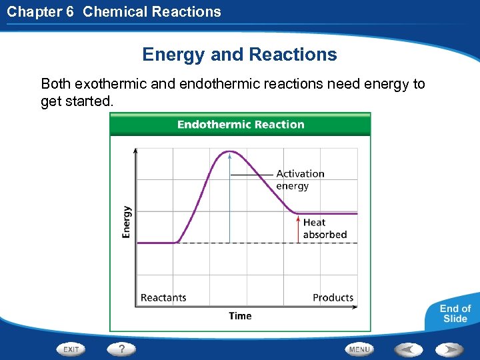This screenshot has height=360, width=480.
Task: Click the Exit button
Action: pos(71,349)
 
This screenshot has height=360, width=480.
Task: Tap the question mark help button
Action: pos(122,349)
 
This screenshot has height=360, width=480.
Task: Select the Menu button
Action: pos(359,349)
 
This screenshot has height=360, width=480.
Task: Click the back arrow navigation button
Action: pos(407,349)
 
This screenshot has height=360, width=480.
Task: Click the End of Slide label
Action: pos(455,313)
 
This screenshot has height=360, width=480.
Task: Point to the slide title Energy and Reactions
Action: pos(239,55)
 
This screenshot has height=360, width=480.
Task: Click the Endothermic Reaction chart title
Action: pos(240,125)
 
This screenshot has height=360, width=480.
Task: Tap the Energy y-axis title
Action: pos(127,221)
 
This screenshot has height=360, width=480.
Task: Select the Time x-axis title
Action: pos(240,316)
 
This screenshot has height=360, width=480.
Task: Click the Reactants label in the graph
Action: pos(163,297)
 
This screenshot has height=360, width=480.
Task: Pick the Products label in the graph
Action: pos(333,297)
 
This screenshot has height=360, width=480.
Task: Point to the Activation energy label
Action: pos(300,180)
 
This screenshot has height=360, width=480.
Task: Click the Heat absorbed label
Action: pos(325,229)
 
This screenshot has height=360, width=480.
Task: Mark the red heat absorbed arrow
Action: pos(297,228)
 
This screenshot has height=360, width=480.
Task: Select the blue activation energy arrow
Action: pos(229,200)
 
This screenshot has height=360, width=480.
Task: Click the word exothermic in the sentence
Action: pos(109,84)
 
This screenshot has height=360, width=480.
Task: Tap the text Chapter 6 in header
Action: pos(39,11)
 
